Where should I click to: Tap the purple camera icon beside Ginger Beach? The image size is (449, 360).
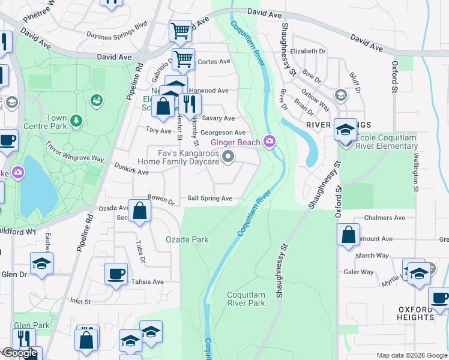click(x=270, y=142)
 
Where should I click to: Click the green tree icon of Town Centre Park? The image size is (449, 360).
click(x=76, y=122)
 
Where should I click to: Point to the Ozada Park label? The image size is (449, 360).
click(x=187, y=239)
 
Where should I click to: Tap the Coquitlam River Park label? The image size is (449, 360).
click(x=246, y=299)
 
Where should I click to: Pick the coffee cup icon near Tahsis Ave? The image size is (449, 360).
click(x=116, y=274)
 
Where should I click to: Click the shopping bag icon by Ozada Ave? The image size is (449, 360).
click(x=139, y=211)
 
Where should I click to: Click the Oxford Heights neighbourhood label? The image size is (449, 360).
click(x=415, y=313)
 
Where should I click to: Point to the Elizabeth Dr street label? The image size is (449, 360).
click(x=307, y=52)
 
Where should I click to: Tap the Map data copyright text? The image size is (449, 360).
click(x=412, y=355)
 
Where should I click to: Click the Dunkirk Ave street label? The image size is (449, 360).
click(x=131, y=172)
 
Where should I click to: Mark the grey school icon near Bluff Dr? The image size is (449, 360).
click(x=340, y=95)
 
